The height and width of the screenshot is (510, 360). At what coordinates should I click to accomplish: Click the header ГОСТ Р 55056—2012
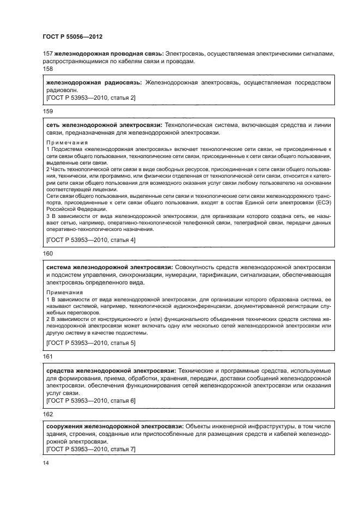(72, 37)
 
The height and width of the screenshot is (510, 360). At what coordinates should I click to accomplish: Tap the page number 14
(46, 463)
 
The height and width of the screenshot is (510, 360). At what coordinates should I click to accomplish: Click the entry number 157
(48, 54)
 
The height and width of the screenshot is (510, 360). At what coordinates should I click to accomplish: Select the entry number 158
(48, 69)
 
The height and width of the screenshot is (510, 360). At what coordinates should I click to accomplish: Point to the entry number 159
(48, 111)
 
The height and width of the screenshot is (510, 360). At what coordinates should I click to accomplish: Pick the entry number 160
(48, 253)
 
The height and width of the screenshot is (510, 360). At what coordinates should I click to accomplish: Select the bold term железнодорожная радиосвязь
(94, 82)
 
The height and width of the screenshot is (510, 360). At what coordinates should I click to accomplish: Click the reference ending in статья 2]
(91, 98)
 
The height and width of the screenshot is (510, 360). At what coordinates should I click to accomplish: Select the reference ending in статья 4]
(91, 240)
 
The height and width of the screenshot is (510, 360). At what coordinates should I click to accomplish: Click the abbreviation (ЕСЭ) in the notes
(322, 202)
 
